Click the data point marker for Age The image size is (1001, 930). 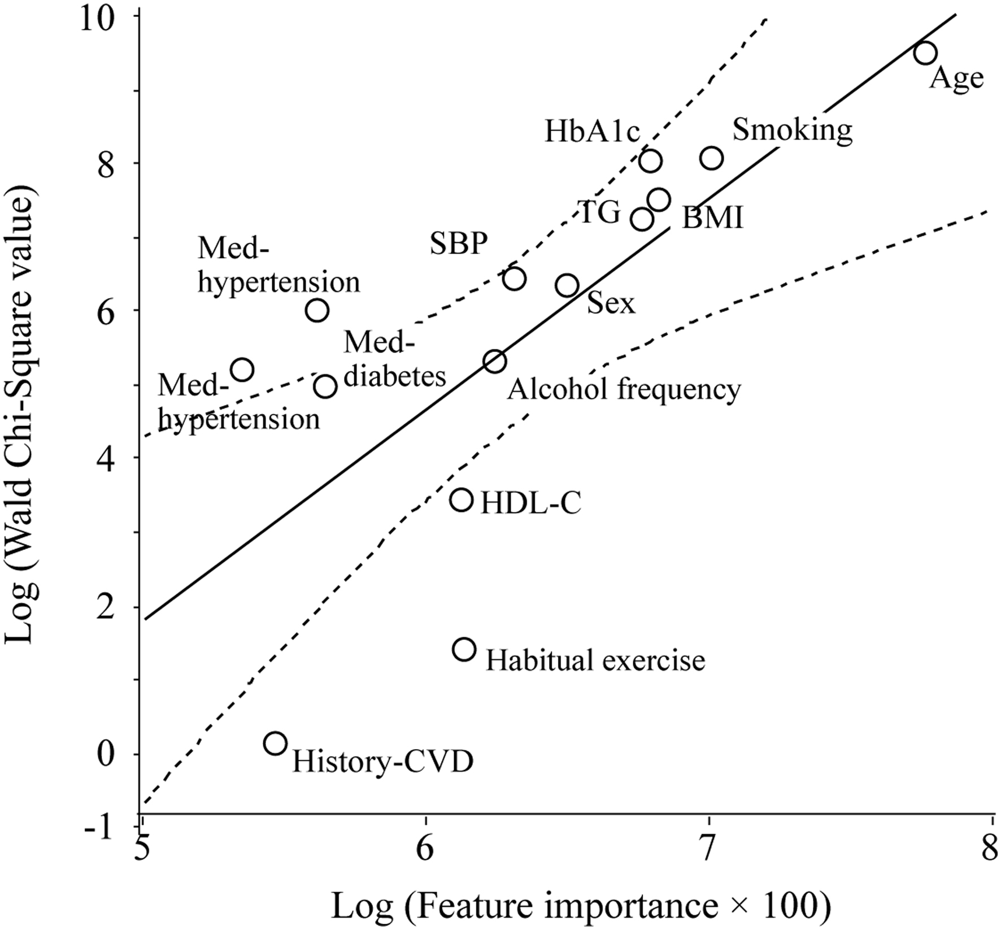(x=926, y=53)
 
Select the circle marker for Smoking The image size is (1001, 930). (x=712, y=159)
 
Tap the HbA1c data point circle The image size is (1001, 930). (x=651, y=161)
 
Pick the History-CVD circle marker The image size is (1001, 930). (x=275, y=744)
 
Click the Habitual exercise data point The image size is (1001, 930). (x=464, y=649)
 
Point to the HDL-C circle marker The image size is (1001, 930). (x=462, y=500)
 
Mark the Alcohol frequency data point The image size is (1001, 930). (x=495, y=360)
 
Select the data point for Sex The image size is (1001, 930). (x=567, y=285)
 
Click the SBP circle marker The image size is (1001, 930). (x=514, y=279)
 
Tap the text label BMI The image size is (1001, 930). (x=712, y=218)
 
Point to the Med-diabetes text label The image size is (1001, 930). (x=394, y=359)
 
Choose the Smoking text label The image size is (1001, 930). (x=792, y=130)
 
